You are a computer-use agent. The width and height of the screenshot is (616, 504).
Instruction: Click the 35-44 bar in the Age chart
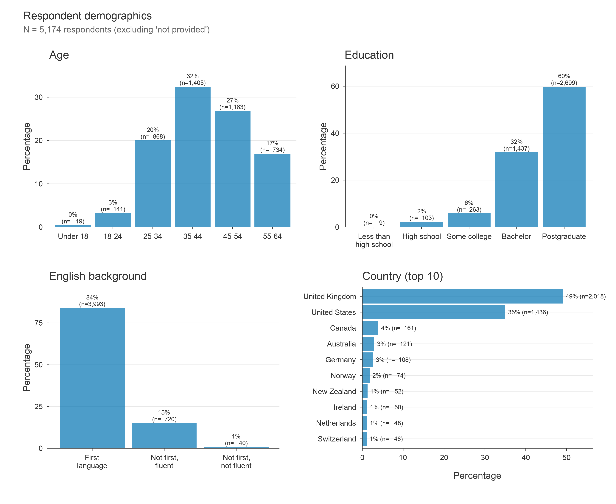[x=192, y=157]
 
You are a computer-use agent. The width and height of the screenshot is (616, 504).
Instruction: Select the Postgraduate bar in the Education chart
[x=564, y=157]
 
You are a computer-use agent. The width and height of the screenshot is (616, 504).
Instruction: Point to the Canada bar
[x=370, y=328]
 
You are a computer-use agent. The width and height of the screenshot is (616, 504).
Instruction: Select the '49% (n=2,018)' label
[x=585, y=296]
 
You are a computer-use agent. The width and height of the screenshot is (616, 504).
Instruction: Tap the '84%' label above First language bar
[x=92, y=297]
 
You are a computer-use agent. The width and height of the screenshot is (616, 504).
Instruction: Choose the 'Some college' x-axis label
[x=469, y=236]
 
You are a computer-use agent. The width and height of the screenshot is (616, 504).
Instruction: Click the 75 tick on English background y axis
[x=39, y=323]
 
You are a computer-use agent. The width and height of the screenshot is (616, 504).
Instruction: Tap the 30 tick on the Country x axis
[x=485, y=458]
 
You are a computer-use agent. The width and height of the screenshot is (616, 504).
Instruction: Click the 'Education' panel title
[x=369, y=55]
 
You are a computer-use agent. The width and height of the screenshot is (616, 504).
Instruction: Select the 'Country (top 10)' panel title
[x=402, y=276]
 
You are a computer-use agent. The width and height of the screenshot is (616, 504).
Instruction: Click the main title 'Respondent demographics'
[x=87, y=16]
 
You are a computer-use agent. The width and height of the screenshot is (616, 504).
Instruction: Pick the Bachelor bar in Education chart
[x=516, y=190]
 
